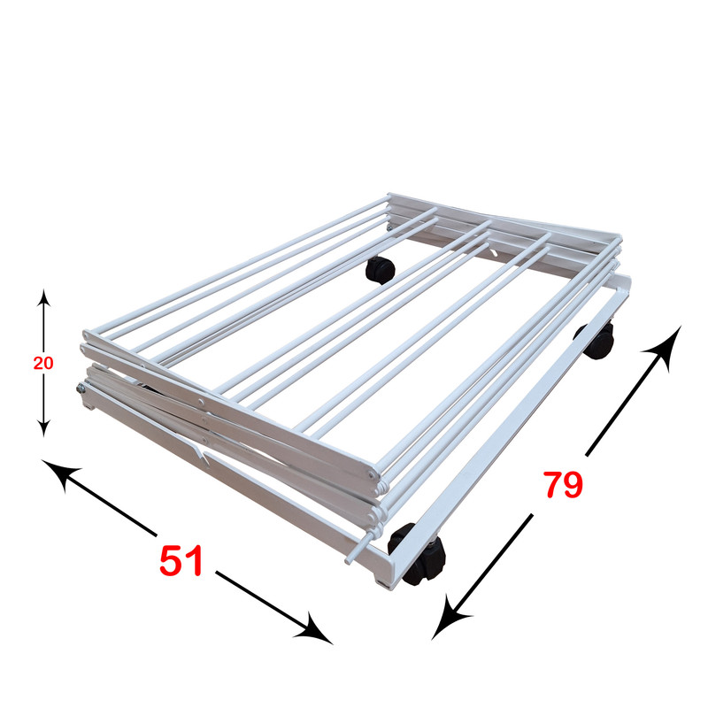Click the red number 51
pyautogui.click(x=181, y=560)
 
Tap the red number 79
pyautogui.click(x=563, y=484)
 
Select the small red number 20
pyautogui.click(x=43, y=363)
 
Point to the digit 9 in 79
pyautogui.click(x=573, y=484)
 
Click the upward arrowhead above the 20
pyautogui.click(x=43, y=297)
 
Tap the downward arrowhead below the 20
pyautogui.click(x=43, y=428)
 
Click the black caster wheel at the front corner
pyautogui.click(x=418, y=555)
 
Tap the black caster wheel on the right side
pyautogui.click(x=596, y=341)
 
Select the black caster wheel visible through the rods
pyautogui.click(x=380, y=270)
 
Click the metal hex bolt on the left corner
pyautogui.click(x=81, y=388)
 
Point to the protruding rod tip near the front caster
pyautogui.click(x=349, y=561)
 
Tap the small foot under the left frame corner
pyautogui.click(x=90, y=408)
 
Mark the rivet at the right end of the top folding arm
pyautogui.click(x=371, y=474)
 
